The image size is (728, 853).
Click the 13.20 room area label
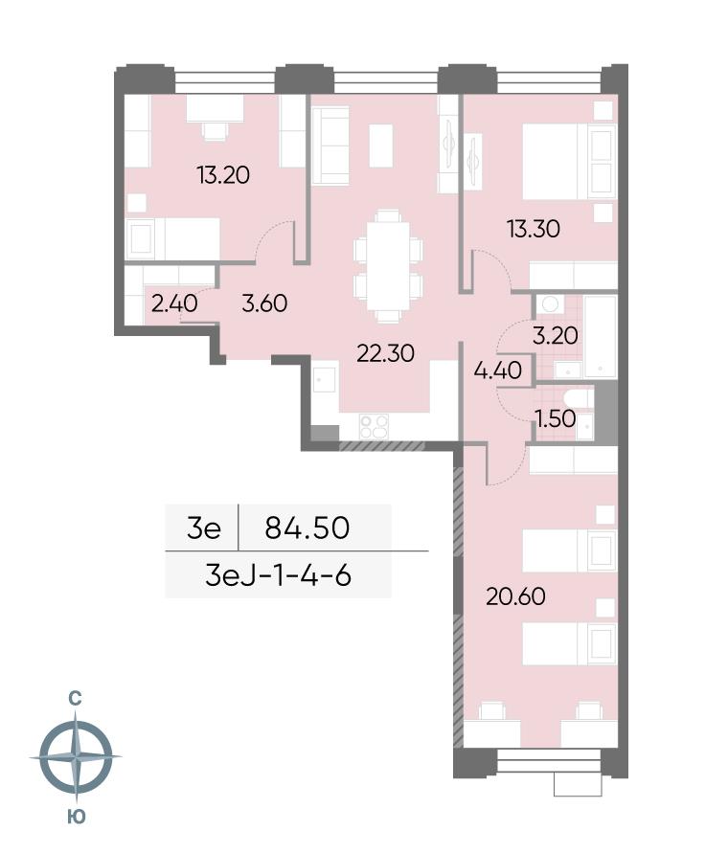224,175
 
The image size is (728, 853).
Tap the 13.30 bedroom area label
533,229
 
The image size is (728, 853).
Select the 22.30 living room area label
385,353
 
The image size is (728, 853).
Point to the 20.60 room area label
515,596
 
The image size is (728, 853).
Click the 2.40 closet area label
174,303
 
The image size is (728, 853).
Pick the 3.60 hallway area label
264,303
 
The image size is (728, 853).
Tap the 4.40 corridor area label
498,370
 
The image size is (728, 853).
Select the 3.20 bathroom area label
556,336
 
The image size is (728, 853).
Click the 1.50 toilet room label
556,418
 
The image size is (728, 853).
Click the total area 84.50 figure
307,528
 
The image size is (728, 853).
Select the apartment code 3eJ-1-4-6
278,575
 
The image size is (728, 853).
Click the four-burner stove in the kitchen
374,427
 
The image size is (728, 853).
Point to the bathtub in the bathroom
600,337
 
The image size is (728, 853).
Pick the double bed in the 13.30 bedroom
570,162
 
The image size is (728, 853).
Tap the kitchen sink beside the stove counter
325,378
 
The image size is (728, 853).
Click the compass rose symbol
76,757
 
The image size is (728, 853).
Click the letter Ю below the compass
77,817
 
